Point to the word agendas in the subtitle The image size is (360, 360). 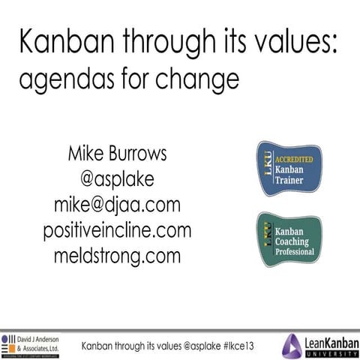coord(64,78)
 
